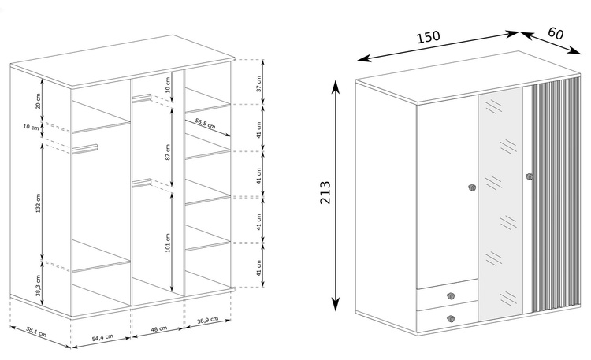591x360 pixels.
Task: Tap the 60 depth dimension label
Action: pos(556,34)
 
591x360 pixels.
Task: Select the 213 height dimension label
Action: pos(326,193)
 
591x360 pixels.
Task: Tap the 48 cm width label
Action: pos(158,329)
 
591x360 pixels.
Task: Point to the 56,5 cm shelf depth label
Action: pos(205,123)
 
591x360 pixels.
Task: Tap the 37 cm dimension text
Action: pos(260,83)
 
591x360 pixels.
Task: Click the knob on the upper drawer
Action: pos(451,295)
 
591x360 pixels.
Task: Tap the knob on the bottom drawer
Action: pos(451,318)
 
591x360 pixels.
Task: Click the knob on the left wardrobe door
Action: pos(472,187)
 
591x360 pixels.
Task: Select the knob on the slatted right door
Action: pos(529,176)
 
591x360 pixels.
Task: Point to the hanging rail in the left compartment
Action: pos(85,148)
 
